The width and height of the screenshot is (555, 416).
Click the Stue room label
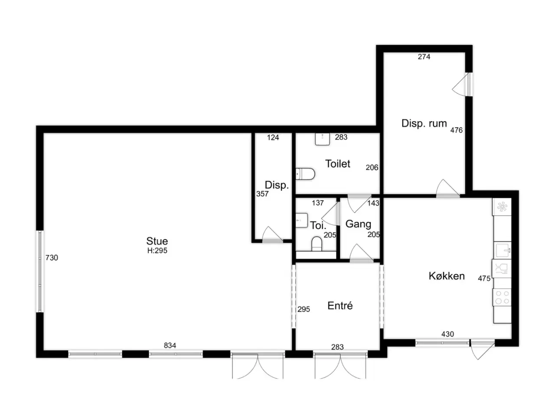click(157, 241)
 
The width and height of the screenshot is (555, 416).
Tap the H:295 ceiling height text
click(157, 250)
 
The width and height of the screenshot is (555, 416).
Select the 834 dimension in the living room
click(170, 345)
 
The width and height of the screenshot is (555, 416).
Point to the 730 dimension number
click(52, 258)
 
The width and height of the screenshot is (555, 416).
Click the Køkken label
click(447, 276)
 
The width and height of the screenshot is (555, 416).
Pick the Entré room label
click(340, 305)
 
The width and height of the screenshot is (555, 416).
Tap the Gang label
click(358, 224)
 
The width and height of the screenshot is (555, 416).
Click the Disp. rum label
click(424, 123)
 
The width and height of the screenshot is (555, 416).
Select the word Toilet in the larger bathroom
click(337, 164)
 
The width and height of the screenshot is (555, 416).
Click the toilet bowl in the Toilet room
click(305, 174)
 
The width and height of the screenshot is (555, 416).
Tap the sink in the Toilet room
click(323, 139)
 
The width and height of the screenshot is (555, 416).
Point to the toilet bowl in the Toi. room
click(317, 244)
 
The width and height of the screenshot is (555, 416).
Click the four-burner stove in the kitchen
click(502, 297)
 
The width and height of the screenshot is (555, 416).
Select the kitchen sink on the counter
click(503, 250)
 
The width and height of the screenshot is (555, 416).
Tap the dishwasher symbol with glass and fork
click(501, 269)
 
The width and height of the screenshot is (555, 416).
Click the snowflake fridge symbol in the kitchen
click(502, 207)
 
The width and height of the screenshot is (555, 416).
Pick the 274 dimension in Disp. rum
click(424, 57)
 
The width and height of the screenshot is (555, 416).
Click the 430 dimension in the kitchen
click(447, 334)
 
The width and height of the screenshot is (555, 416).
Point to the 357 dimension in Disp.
click(262, 194)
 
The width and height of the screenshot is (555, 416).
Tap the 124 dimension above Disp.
click(273, 137)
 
